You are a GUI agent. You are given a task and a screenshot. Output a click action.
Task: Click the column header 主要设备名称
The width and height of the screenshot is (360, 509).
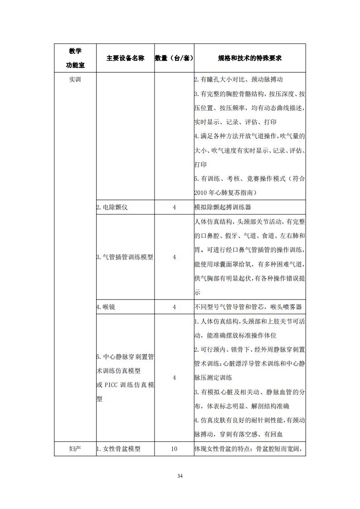point(125,58)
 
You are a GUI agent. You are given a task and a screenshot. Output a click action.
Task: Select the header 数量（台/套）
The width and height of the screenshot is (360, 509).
point(174,58)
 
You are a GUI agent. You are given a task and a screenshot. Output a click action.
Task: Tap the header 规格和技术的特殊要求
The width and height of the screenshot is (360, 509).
point(250,58)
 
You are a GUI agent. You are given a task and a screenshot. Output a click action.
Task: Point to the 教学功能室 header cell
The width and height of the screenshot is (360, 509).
point(75,58)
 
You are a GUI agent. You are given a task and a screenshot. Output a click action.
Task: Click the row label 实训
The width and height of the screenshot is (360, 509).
point(75,79)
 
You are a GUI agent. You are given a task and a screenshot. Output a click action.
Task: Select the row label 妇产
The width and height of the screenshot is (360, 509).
point(75,449)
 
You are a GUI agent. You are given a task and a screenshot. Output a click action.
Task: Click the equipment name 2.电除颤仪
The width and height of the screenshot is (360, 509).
point(112,207)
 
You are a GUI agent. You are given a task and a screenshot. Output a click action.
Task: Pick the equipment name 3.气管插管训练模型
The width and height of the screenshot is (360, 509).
point(125,257)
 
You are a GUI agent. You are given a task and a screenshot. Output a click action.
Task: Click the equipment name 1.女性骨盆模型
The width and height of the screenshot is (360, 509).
point(118,449)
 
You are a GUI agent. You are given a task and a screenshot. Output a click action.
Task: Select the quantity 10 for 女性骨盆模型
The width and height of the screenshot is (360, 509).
point(174,449)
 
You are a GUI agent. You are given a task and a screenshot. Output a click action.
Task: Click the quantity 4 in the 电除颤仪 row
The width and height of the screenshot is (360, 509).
point(174,207)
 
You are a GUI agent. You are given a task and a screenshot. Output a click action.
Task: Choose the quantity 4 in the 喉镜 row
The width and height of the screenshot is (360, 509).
point(174,307)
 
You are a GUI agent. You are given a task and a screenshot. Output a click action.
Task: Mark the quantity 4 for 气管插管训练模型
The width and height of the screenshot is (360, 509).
point(174,257)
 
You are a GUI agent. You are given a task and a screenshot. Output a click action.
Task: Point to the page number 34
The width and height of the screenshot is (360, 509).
point(180,476)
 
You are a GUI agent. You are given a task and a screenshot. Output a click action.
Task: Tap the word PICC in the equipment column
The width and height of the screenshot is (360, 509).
point(111,385)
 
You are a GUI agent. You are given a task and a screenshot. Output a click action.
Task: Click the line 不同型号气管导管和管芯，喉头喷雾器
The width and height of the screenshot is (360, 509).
point(248,307)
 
